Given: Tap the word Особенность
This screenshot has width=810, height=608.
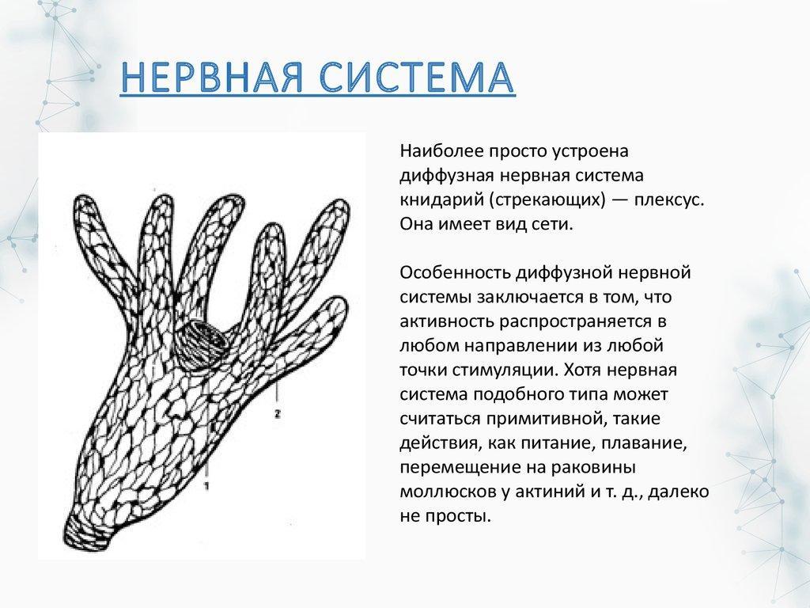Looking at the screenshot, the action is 454,272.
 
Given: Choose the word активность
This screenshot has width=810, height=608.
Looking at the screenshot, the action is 446,321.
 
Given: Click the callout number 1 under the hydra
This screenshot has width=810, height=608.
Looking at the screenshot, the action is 207,486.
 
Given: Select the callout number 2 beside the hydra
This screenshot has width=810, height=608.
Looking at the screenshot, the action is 278,413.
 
